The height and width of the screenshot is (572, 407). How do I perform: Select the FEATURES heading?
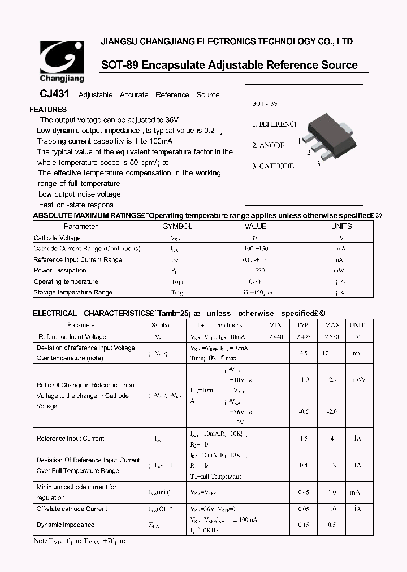click(48, 110)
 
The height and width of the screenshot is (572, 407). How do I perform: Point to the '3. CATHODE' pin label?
click(273, 166)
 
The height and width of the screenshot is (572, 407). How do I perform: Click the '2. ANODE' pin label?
click(268, 145)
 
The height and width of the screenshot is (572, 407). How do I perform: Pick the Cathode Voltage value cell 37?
click(254, 238)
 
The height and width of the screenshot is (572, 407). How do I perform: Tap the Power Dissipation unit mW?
click(339, 271)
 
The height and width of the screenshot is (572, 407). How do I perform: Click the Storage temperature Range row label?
click(73, 292)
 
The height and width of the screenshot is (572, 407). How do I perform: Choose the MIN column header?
click(275, 325)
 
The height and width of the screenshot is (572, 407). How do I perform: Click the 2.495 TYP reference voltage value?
click(302, 336)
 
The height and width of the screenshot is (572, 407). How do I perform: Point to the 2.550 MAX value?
click(332, 336)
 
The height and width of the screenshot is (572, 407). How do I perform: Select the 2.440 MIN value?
click(275, 336)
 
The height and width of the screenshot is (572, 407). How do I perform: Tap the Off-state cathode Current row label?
click(72, 509)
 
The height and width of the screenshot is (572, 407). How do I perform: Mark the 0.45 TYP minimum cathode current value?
click(304, 492)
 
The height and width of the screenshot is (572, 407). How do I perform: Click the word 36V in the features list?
click(172, 120)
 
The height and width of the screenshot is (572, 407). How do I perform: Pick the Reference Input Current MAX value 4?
click(332, 439)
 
